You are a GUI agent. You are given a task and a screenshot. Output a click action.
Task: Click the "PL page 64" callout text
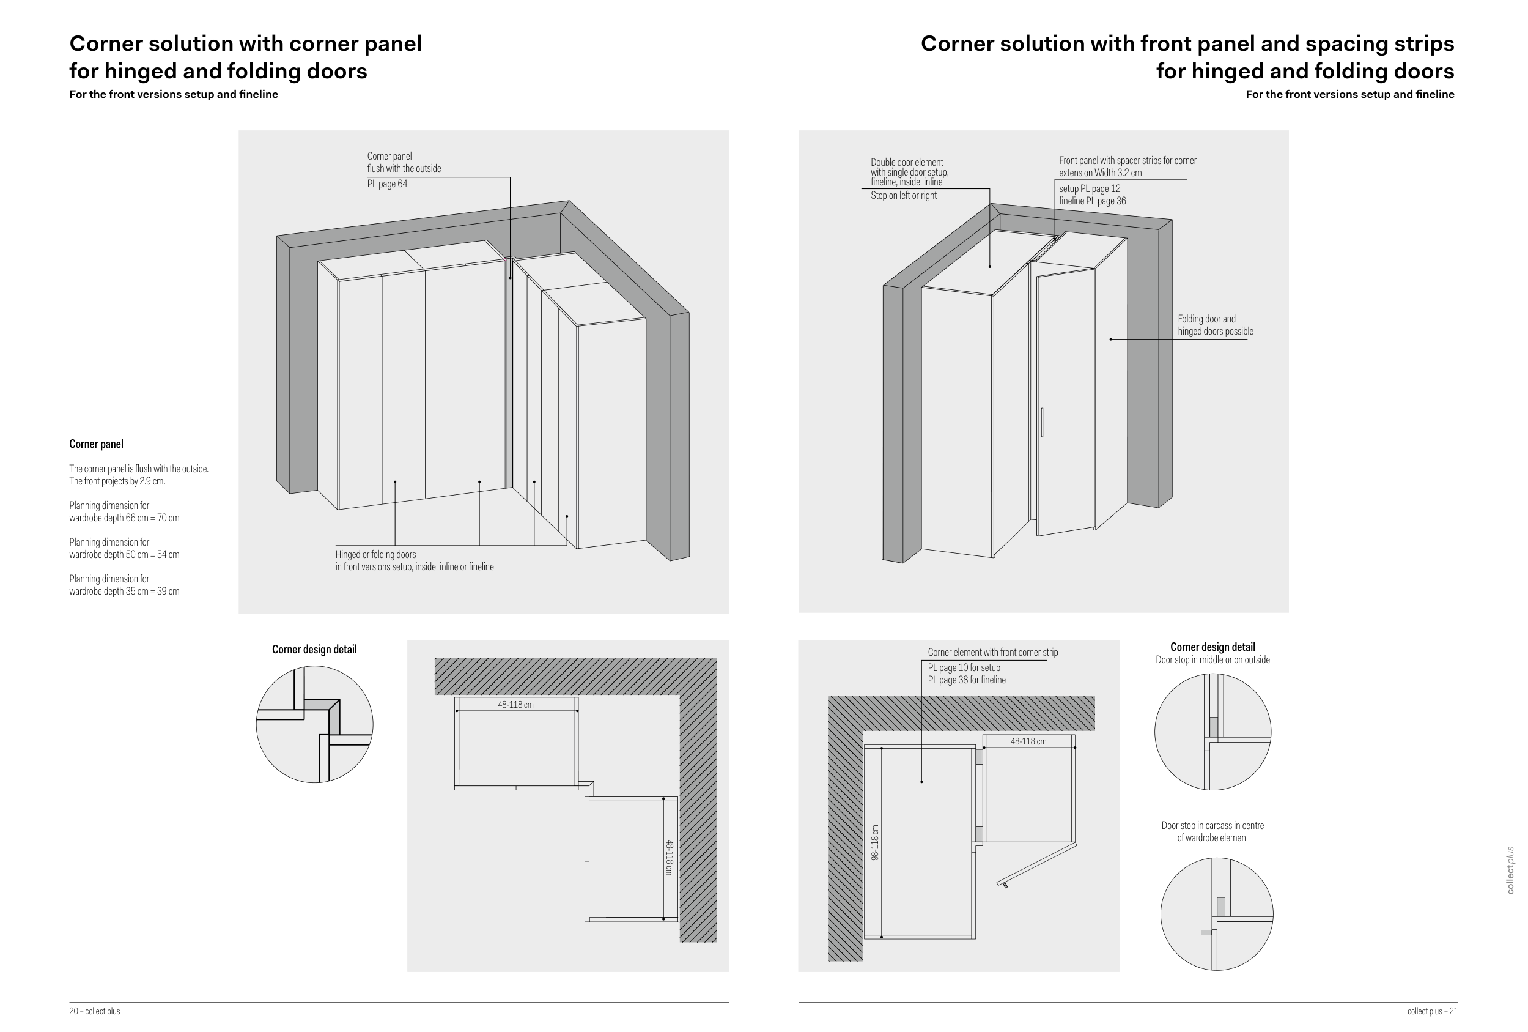[387, 184]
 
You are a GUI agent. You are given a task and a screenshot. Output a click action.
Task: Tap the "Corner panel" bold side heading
[96, 444]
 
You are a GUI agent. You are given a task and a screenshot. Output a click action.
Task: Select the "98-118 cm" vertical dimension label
[874, 842]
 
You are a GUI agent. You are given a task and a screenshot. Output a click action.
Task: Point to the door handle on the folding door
[1042, 422]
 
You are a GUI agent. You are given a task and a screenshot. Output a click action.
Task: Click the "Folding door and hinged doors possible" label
[1216, 325]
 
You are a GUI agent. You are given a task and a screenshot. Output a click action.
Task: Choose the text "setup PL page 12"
[1090, 189]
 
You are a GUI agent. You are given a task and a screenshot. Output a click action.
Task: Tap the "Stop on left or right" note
[903, 195]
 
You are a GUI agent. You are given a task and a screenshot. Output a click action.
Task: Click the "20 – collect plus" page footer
[95, 1011]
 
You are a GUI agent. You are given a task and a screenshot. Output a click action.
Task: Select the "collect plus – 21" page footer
[1433, 1011]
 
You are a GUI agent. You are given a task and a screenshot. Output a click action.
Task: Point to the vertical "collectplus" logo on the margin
[1510, 870]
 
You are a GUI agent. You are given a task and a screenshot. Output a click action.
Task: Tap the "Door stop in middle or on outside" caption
[1212, 659]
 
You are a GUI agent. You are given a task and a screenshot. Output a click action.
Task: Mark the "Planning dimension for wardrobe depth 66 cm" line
[124, 512]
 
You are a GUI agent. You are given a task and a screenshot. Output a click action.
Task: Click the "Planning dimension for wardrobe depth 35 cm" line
[124, 585]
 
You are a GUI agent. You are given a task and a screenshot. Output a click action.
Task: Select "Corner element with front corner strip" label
[993, 653]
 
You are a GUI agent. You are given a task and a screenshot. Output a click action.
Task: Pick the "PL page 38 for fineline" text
[967, 680]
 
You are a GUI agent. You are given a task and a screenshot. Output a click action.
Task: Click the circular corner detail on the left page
[314, 724]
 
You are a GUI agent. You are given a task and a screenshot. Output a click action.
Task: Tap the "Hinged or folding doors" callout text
[375, 554]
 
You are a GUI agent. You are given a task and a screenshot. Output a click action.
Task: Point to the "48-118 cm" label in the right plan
[1028, 741]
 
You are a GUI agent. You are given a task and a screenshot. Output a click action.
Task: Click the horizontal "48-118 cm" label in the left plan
[515, 705]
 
